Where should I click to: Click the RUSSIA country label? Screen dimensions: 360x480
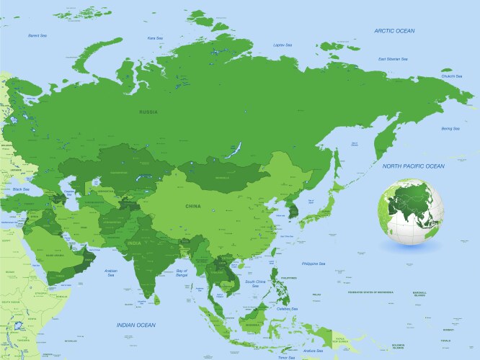(149, 112)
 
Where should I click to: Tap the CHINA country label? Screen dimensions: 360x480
(193, 207)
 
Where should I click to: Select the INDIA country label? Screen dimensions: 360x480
(135, 243)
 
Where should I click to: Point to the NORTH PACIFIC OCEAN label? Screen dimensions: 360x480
(414, 166)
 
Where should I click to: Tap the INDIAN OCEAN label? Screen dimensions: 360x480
(136, 325)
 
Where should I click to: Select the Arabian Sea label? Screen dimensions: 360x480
(112, 273)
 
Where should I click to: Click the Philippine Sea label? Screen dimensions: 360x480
(314, 264)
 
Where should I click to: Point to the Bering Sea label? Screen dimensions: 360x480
(450, 128)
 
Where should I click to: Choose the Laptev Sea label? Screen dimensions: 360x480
(283, 45)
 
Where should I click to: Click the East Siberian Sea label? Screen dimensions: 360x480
(392, 59)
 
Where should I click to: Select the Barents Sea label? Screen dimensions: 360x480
(37, 35)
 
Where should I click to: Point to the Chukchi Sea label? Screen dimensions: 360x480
(453, 75)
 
